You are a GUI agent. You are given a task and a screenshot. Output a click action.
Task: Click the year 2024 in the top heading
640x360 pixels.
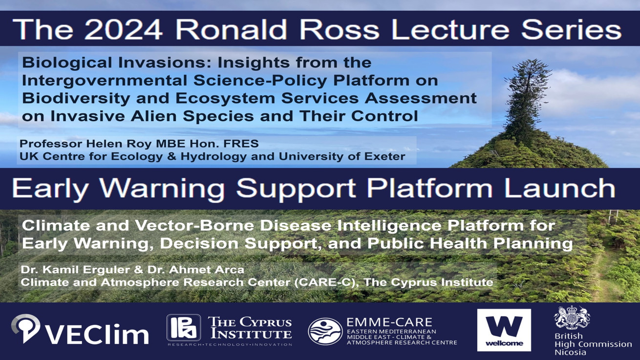click(x=124, y=29)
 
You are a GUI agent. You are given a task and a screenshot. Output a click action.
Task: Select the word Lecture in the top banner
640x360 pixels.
click(x=450, y=29)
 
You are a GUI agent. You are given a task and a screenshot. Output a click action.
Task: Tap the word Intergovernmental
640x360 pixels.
click(x=104, y=80)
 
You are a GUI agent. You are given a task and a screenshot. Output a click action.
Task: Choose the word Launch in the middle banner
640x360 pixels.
click(x=559, y=188)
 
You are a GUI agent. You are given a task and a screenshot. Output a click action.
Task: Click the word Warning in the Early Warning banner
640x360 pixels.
click(x=162, y=189)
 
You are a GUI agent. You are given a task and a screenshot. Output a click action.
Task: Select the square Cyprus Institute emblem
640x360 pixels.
click(x=184, y=328)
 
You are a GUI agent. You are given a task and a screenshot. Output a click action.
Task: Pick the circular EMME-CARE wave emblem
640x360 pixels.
click(x=325, y=331)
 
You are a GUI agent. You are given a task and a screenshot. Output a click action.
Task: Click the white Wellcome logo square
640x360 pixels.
click(x=504, y=330)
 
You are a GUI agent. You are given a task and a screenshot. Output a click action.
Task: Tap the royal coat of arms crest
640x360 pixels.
click(x=572, y=318)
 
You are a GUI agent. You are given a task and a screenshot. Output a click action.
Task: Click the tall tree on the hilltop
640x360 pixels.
click(x=527, y=97)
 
